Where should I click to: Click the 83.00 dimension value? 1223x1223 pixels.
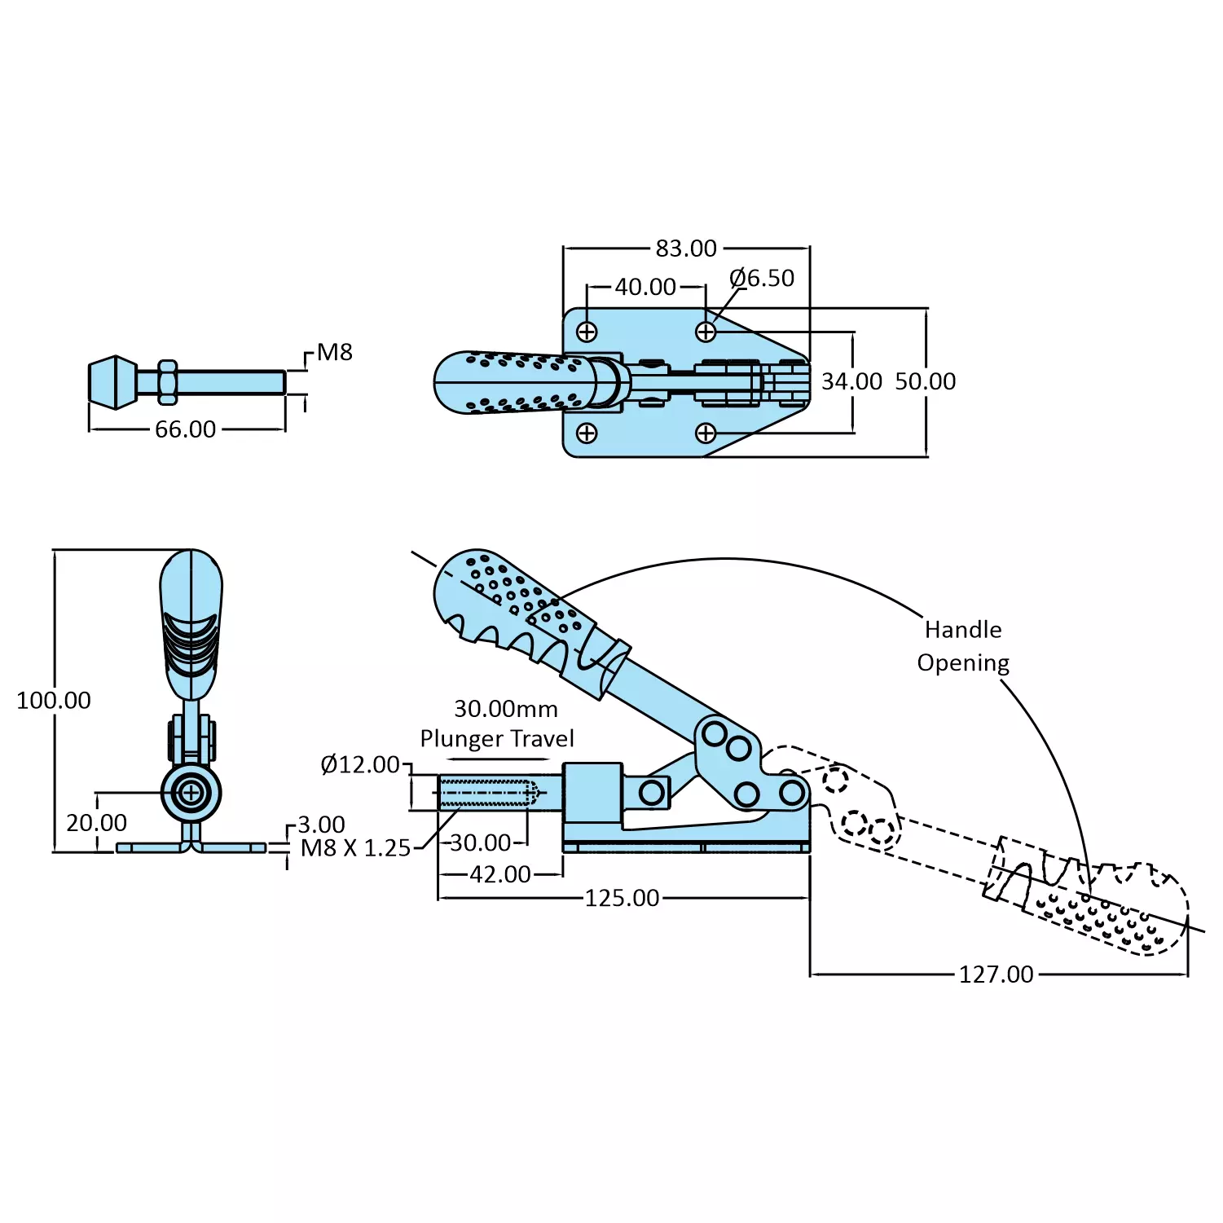(686, 249)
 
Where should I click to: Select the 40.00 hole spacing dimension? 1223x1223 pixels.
(645, 288)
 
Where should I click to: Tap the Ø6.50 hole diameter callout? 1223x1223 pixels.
(762, 279)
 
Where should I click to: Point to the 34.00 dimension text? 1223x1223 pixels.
(851, 381)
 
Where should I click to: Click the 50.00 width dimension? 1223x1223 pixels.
(926, 381)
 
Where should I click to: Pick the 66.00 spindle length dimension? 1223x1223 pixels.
(186, 429)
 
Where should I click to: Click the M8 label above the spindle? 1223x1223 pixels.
(334, 352)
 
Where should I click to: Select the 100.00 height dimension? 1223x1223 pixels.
(54, 700)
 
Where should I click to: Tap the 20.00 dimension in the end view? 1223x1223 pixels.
(96, 823)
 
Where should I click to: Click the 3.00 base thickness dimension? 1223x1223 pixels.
(321, 825)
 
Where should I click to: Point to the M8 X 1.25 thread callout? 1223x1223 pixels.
(355, 848)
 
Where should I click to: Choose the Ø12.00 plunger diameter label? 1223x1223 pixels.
(360, 764)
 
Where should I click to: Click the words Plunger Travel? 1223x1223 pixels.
(497, 739)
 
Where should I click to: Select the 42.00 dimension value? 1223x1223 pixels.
(500, 874)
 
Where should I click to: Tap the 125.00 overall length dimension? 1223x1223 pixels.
(622, 898)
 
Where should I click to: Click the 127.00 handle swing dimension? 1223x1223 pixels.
(996, 974)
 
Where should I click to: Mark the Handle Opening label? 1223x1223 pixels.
(963, 646)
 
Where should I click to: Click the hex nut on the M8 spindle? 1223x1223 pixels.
(167, 382)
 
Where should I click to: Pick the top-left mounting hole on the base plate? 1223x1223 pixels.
(587, 332)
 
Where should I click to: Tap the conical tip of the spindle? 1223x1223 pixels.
(112, 382)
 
